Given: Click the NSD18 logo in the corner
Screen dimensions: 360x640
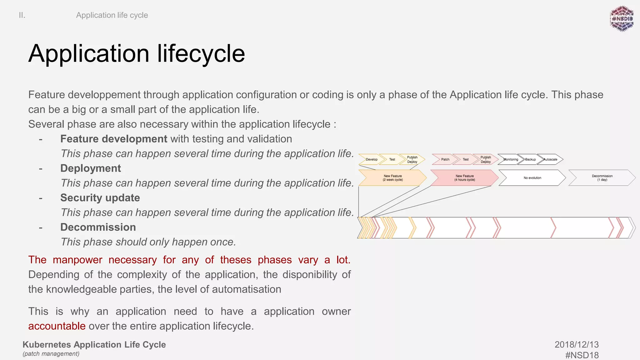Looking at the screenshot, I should point(622,19).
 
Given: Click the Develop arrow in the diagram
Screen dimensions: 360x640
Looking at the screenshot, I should point(372,159).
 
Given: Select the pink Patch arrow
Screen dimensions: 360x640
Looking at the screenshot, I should point(445,159).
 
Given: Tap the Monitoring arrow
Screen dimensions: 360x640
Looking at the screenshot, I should point(510,159).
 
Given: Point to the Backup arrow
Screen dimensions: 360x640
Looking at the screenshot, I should point(530,159).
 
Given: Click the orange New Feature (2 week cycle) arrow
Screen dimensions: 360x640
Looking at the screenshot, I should point(392,178).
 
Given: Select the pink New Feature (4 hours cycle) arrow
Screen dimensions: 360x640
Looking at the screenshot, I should point(464,178).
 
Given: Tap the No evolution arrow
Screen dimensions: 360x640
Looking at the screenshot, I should point(532,178).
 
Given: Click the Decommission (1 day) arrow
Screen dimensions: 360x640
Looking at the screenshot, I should point(602,178).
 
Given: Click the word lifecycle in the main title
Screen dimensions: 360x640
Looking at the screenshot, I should point(201,54).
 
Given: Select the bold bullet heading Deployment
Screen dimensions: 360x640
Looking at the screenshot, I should point(91,168).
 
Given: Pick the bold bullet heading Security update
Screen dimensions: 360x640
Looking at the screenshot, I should point(100,198).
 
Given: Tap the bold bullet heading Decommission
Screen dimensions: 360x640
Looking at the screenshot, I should point(98,227).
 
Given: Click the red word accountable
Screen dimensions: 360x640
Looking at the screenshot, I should point(57,326).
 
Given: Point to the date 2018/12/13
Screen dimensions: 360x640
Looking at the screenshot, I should point(577,344).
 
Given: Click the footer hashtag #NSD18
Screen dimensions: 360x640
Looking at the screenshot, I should point(582,355).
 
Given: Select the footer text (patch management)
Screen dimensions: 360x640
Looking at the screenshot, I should point(51,354).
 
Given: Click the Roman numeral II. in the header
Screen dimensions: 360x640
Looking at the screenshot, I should point(22,15).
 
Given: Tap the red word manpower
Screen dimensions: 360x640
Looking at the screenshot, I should point(77,260).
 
